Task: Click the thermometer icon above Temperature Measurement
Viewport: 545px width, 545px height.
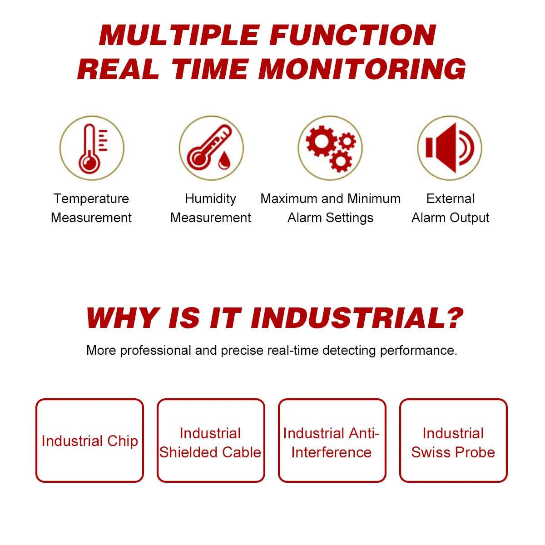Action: (x=92, y=148)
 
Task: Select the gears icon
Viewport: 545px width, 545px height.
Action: (x=330, y=148)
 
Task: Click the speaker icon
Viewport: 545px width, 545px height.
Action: (x=450, y=148)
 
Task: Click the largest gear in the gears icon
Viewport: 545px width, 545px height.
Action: (x=322, y=141)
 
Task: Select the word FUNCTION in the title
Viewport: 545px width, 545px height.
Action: (x=353, y=35)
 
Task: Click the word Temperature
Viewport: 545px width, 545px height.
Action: (x=91, y=199)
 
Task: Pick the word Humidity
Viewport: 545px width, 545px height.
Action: (x=210, y=199)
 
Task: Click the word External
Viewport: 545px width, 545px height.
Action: (x=450, y=199)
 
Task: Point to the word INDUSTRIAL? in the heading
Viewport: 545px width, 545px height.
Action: (x=357, y=318)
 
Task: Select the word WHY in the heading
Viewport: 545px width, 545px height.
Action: (x=122, y=318)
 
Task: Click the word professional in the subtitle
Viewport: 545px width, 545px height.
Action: (x=156, y=351)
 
